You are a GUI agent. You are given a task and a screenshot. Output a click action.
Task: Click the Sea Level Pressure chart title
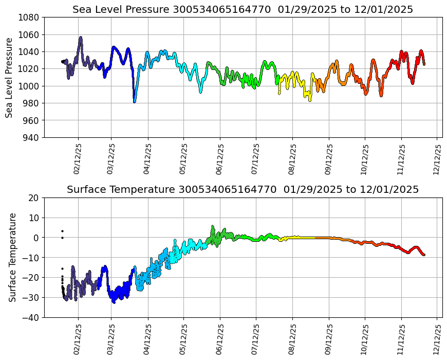click(x=243, y=10)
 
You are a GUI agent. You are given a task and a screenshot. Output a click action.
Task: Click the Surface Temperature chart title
click(x=243, y=190)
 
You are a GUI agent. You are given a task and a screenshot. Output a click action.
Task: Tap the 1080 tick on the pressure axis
click(x=30, y=17)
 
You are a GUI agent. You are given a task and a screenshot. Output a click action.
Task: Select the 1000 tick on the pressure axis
click(x=30, y=86)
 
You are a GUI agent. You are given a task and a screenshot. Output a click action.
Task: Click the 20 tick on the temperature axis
click(x=34, y=198)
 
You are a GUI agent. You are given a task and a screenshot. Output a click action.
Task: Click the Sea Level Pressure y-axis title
click(x=10, y=77)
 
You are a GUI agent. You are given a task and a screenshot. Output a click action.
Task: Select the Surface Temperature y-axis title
click(x=13, y=257)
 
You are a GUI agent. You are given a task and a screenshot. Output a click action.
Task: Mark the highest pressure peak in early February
click(x=81, y=38)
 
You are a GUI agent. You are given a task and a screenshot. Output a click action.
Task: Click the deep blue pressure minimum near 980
click(x=135, y=101)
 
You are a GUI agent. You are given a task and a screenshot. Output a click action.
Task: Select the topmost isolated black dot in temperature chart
click(x=62, y=231)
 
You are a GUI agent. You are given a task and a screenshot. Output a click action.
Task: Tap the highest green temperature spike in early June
click(x=213, y=226)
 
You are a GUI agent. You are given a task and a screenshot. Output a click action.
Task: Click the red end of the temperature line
click(x=424, y=255)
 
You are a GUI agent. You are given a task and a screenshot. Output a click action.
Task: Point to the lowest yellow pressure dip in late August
click(x=310, y=100)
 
